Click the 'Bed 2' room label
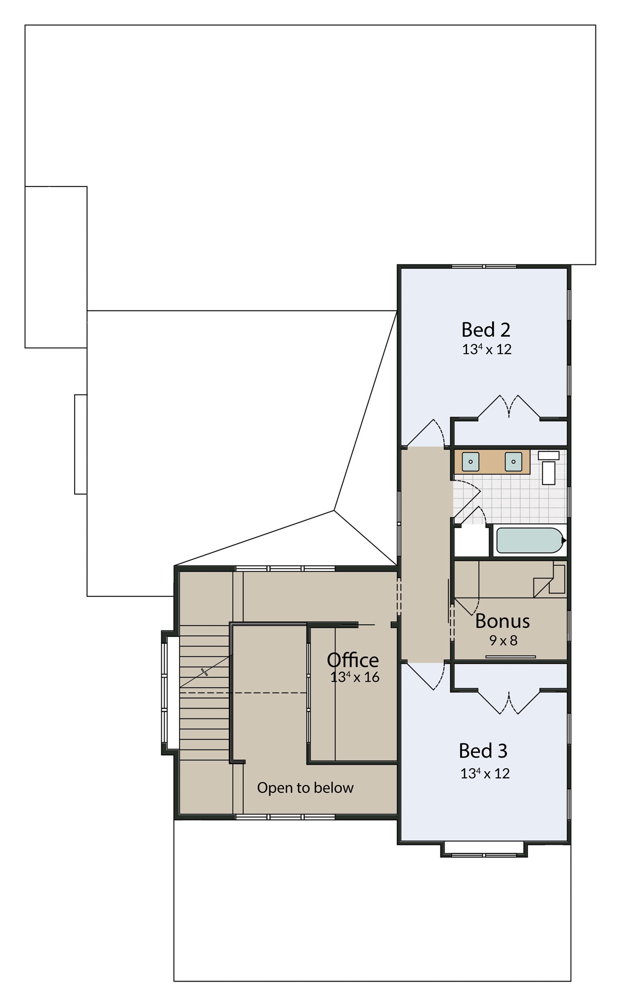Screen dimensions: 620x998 [486, 330]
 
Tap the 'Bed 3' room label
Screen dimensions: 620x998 [483, 751]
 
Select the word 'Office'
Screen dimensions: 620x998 [353, 659]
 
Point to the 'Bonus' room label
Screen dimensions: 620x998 [503, 621]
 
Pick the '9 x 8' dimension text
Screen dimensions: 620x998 [504, 641]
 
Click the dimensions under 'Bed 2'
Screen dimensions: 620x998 [487, 349]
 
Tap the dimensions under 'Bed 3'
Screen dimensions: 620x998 [485, 773]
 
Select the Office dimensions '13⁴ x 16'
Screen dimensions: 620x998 [355, 677]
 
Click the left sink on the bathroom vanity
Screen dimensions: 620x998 [470, 461]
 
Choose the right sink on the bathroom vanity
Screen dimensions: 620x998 [514, 461]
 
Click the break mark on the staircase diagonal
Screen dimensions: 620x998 [205, 671]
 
